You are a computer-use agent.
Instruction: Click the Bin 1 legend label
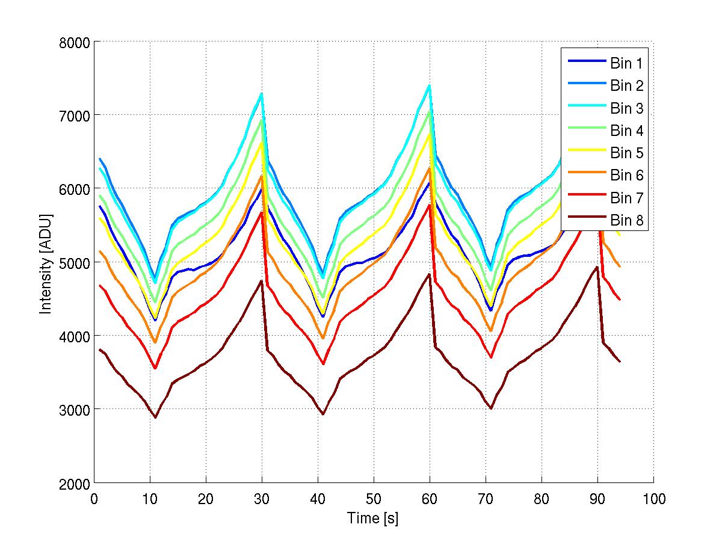pyautogui.click(x=626, y=63)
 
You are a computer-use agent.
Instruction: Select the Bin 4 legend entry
pyautogui.click(x=626, y=131)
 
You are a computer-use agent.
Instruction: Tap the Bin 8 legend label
pyautogui.click(x=626, y=221)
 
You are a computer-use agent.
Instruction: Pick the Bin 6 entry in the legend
pyautogui.click(x=626, y=176)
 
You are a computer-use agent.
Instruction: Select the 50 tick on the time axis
pyautogui.click(x=374, y=499)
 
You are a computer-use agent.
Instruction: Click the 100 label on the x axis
pyautogui.click(x=653, y=499)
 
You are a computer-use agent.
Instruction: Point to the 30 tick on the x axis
pyautogui.click(x=262, y=499)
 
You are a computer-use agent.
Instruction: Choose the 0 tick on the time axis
pyautogui.click(x=94, y=499)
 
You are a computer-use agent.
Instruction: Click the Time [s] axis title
pyautogui.click(x=373, y=518)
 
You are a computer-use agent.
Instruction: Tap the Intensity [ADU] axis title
pyautogui.click(x=45, y=263)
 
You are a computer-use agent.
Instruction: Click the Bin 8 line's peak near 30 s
pyautogui.click(x=261, y=281)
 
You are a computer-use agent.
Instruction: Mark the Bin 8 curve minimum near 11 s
pyautogui.click(x=155, y=417)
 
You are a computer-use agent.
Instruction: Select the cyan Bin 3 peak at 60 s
pyautogui.click(x=429, y=85)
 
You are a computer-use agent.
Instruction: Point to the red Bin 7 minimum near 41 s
pyautogui.click(x=323, y=364)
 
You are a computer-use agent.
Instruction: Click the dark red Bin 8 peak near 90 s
pyautogui.click(x=597, y=267)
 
